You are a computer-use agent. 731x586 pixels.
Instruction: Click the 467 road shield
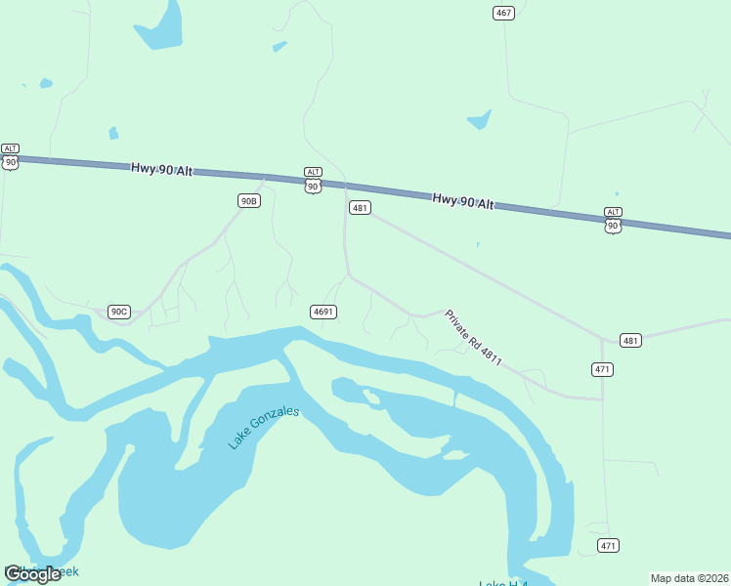pyautogui.click(x=503, y=13)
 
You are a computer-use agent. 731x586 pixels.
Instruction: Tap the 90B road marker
pyautogui.click(x=249, y=200)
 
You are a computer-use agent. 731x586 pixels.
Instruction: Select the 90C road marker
pyautogui.click(x=118, y=312)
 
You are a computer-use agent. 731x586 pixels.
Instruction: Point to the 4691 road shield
pyautogui.click(x=323, y=312)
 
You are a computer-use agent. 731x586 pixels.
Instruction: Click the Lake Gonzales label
pyautogui.click(x=263, y=428)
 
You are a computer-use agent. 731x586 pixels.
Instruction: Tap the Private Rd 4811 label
pyautogui.click(x=473, y=338)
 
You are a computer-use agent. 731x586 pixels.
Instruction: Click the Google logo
pyautogui.click(x=32, y=574)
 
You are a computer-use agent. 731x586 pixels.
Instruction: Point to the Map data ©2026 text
pyautogui.click(x=689, y=578)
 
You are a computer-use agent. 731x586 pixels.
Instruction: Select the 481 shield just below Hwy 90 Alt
pyautogui.click(x=360, y=208)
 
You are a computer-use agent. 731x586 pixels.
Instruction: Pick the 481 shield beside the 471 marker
pyautogui.click(x=630, y=341)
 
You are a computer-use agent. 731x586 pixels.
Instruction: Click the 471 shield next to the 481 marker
pyautogui.click(x=602, y=368)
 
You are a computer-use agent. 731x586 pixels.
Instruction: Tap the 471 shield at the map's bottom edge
pyautogui.click(x=608, y=545)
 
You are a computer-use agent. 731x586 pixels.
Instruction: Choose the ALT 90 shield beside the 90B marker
pyautogui.click(x=313, y=180)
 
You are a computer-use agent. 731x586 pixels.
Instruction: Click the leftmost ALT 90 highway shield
pyautogui.click(x=10, y=156)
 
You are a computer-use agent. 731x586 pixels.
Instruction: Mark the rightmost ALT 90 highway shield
pyautogui.click(x=613, y=220)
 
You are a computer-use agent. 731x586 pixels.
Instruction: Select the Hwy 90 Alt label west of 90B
pyautogui.click(x=161, y=170)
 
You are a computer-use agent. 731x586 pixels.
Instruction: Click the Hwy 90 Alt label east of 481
pyautogui.click(x=463, y=200)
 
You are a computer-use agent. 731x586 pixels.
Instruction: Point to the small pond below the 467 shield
pyautogui.click(x=479, y=121)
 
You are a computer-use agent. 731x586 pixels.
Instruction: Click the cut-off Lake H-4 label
pyautogui.click(x=502, y=583)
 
